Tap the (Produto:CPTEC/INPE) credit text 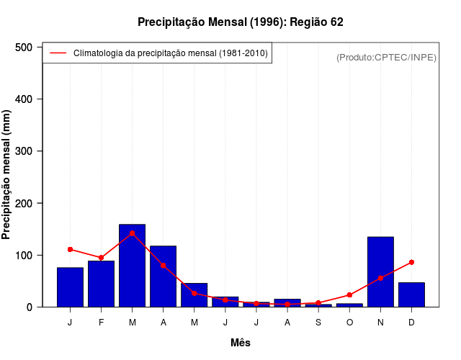point(386,57)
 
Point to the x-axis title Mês point(240,343)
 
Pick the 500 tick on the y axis point(24,48)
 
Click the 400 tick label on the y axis point(24,99)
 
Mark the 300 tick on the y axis point(24,151)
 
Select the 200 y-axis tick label point(24,204)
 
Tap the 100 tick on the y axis point(24,256)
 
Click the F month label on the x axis point(101,323)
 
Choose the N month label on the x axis point(380,323)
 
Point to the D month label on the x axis point(411,323)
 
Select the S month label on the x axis point(318,323)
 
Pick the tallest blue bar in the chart point(132,266)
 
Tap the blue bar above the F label point(101,284)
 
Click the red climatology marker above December point(411,262)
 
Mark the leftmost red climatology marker point(70,249)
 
